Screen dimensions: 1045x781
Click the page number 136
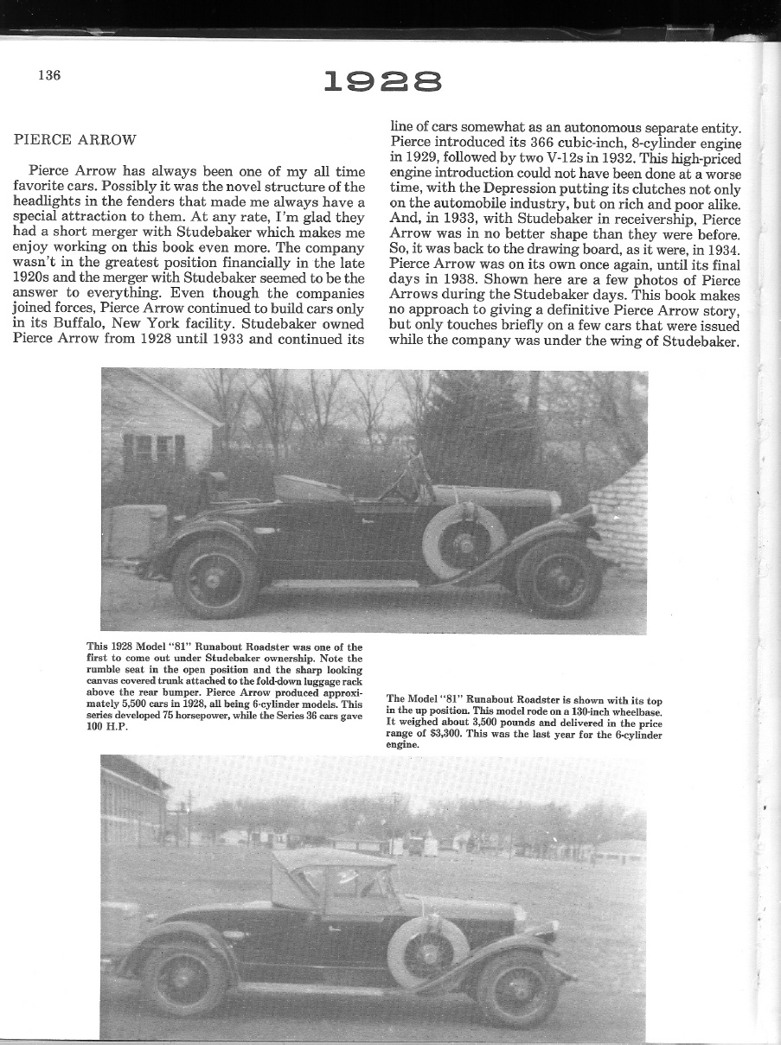tap(49, 75)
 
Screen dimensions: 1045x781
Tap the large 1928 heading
tap(382, 82)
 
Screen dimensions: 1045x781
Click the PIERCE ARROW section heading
tap(75, 139)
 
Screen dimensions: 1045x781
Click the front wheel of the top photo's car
tap(558, 576)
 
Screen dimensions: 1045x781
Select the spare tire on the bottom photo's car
tap(428, 951)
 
